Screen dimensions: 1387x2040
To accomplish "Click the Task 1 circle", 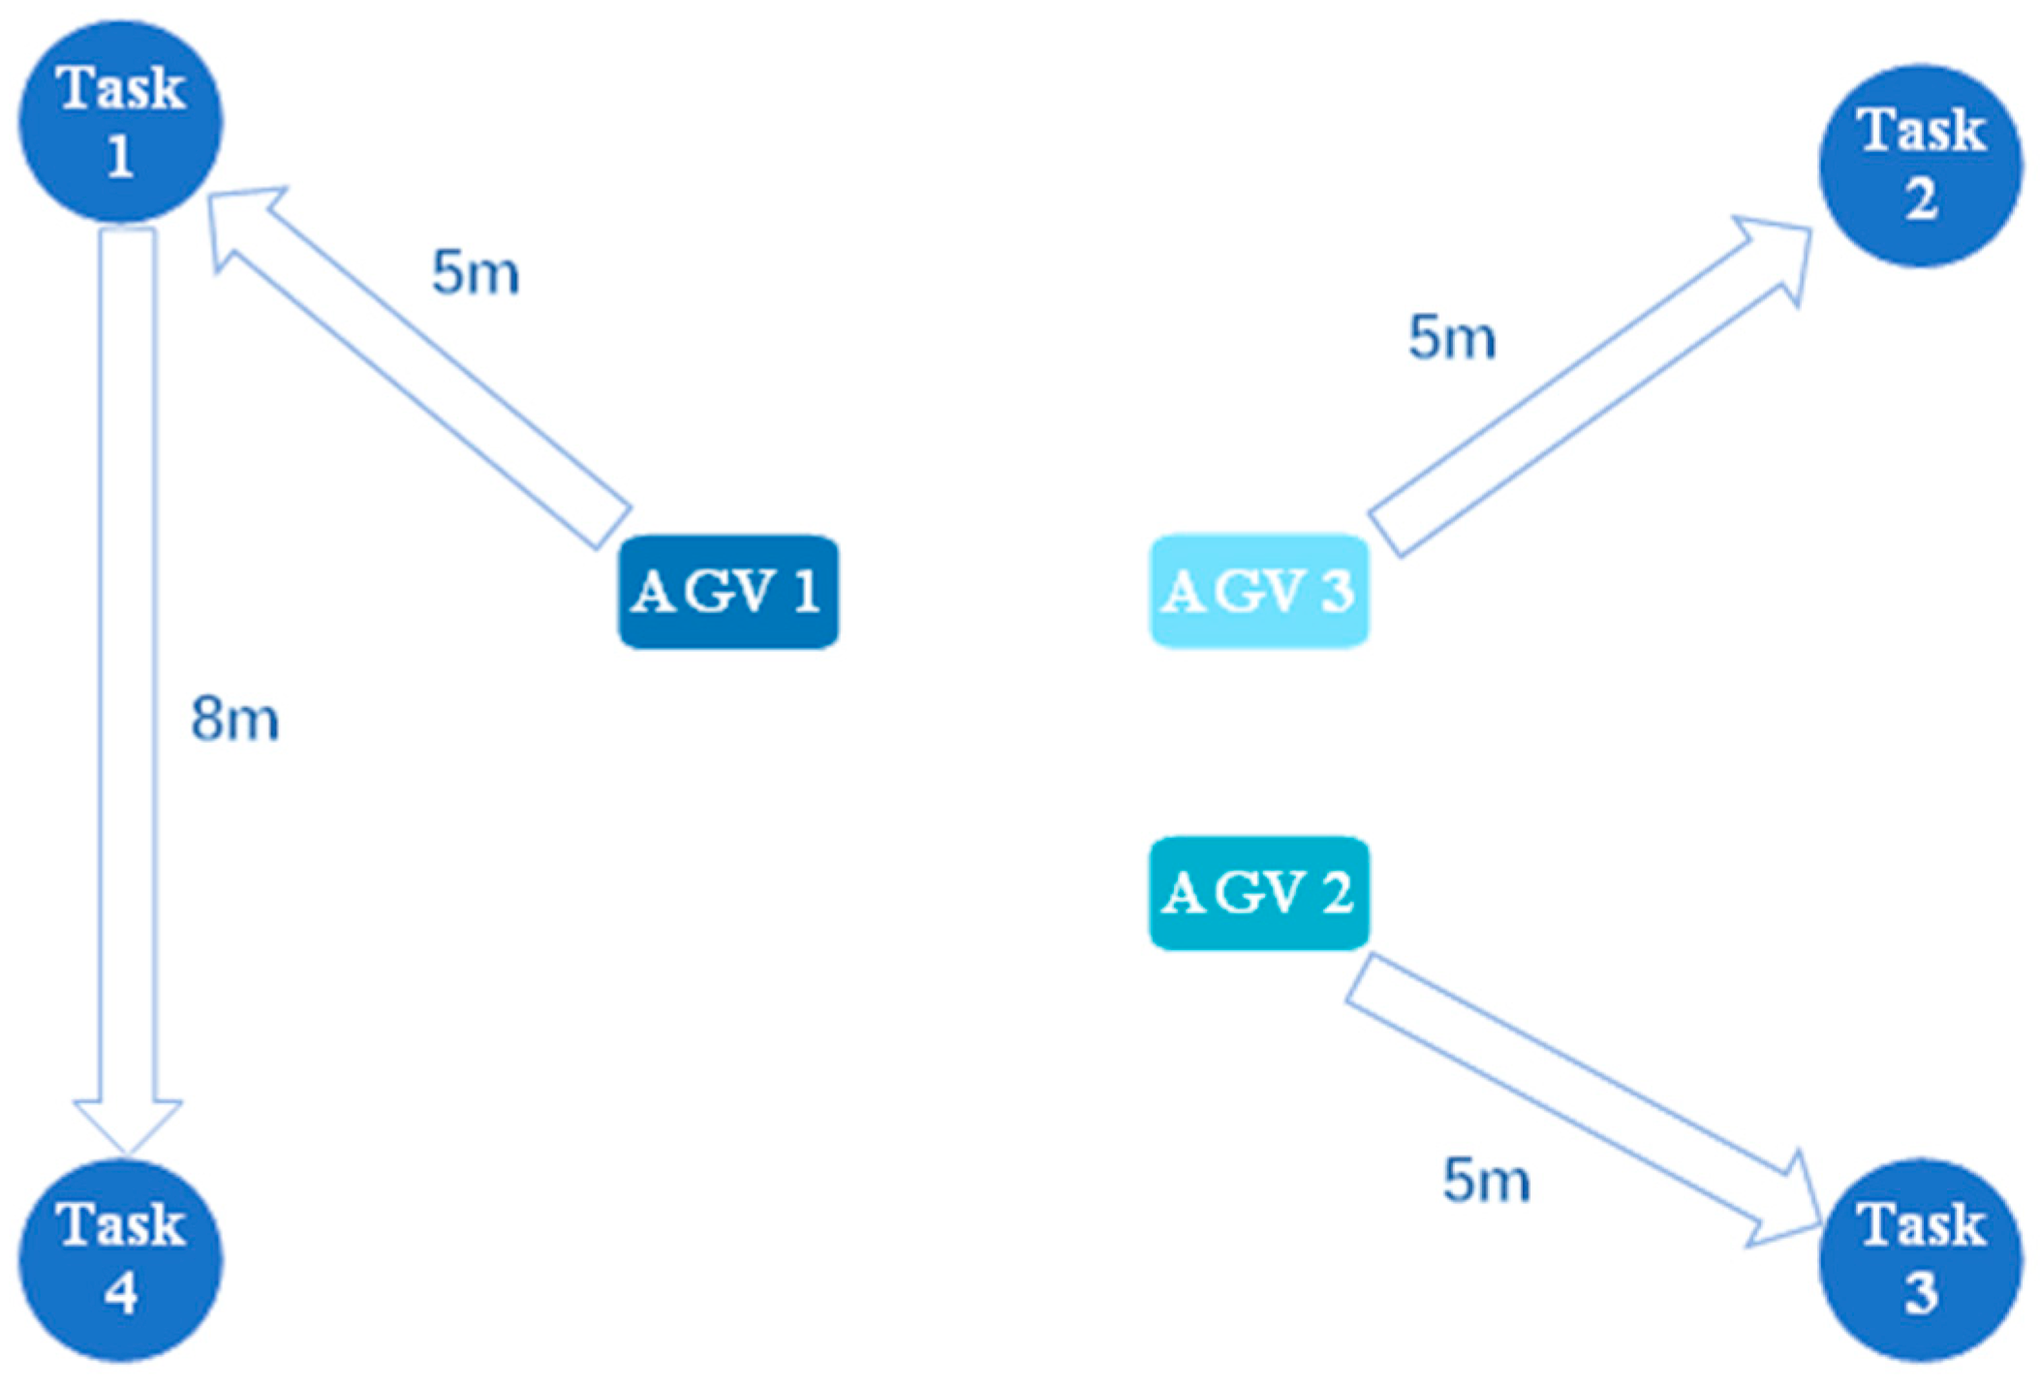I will click(x=121, y=122).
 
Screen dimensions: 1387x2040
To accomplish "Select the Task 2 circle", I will click(x=1921, y=165).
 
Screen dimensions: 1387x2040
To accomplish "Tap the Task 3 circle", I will click(x=1921, y=1259).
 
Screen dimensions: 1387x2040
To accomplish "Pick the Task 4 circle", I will click(x=121, y=1259).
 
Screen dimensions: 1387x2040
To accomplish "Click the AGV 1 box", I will click(x=728, y=591).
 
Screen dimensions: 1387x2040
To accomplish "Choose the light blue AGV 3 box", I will click(x=1259, y=591).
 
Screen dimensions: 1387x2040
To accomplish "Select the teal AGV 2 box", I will click(x=1259, y=893).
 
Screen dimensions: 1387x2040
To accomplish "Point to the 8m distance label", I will click(x=234, y=720).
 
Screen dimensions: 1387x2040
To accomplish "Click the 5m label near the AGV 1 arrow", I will click(x=475, y=272).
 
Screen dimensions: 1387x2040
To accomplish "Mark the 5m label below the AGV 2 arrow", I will click(x=1486, y=1181).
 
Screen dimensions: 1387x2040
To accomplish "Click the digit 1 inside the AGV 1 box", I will click(x=806, y=591).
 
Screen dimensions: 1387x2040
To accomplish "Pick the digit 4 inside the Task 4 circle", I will click(x=121, y=1294).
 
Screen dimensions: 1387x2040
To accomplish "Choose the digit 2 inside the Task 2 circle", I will click(x=1921, y=200).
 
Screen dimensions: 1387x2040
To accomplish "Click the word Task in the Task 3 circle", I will click(x=1921, y=1224).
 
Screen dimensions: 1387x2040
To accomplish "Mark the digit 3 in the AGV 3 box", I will click(x=1337, y=591).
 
